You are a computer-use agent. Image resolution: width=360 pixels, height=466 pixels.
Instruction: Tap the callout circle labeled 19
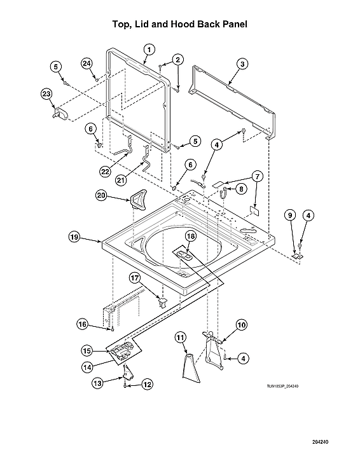point(74,237)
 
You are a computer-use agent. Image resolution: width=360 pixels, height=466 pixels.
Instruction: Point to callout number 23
point(46,93)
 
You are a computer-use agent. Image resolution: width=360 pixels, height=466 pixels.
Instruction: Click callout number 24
point(87,63)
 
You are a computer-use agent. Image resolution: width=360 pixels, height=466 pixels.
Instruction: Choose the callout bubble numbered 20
point(100,196)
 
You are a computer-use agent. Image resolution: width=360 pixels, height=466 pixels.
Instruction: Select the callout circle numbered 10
point(241,325)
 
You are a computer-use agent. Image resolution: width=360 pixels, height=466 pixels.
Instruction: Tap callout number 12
point(147,384)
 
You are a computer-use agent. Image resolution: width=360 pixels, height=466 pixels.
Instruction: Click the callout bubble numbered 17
point(135,277)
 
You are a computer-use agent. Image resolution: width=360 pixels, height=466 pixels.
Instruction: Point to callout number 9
point(290,216)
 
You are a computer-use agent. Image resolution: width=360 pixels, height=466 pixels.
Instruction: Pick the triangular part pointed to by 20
point(138,200)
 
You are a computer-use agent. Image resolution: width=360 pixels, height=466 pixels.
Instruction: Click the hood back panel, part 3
point(235,102)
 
